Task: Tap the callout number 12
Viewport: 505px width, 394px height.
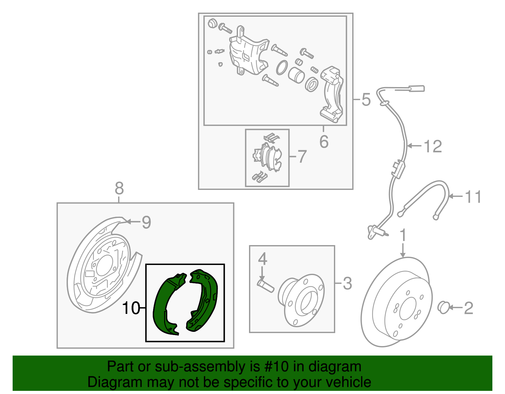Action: coord(433,146)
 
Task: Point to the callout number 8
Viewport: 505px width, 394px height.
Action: coord(119,189)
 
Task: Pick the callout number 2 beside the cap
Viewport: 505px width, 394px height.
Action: coord(468,308)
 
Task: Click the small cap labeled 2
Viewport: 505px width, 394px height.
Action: coord(444,307)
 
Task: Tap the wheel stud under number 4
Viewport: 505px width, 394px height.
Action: coord(266,285)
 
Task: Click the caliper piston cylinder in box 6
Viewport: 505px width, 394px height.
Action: coord(296,75)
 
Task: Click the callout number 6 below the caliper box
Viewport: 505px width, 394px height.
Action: coord(324,142)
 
